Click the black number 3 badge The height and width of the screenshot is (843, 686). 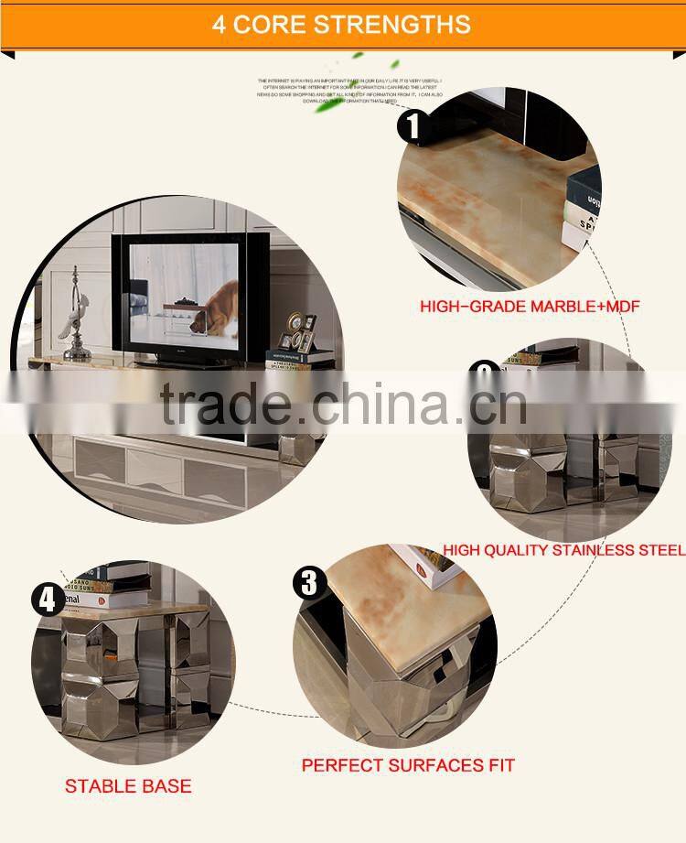point(309,582)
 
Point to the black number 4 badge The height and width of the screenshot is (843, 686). point(48,600)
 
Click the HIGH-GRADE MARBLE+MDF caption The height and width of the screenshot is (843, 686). point(530,307)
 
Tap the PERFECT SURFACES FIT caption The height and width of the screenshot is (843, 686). point(408,765)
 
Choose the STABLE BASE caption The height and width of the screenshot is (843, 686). point(128,786)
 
